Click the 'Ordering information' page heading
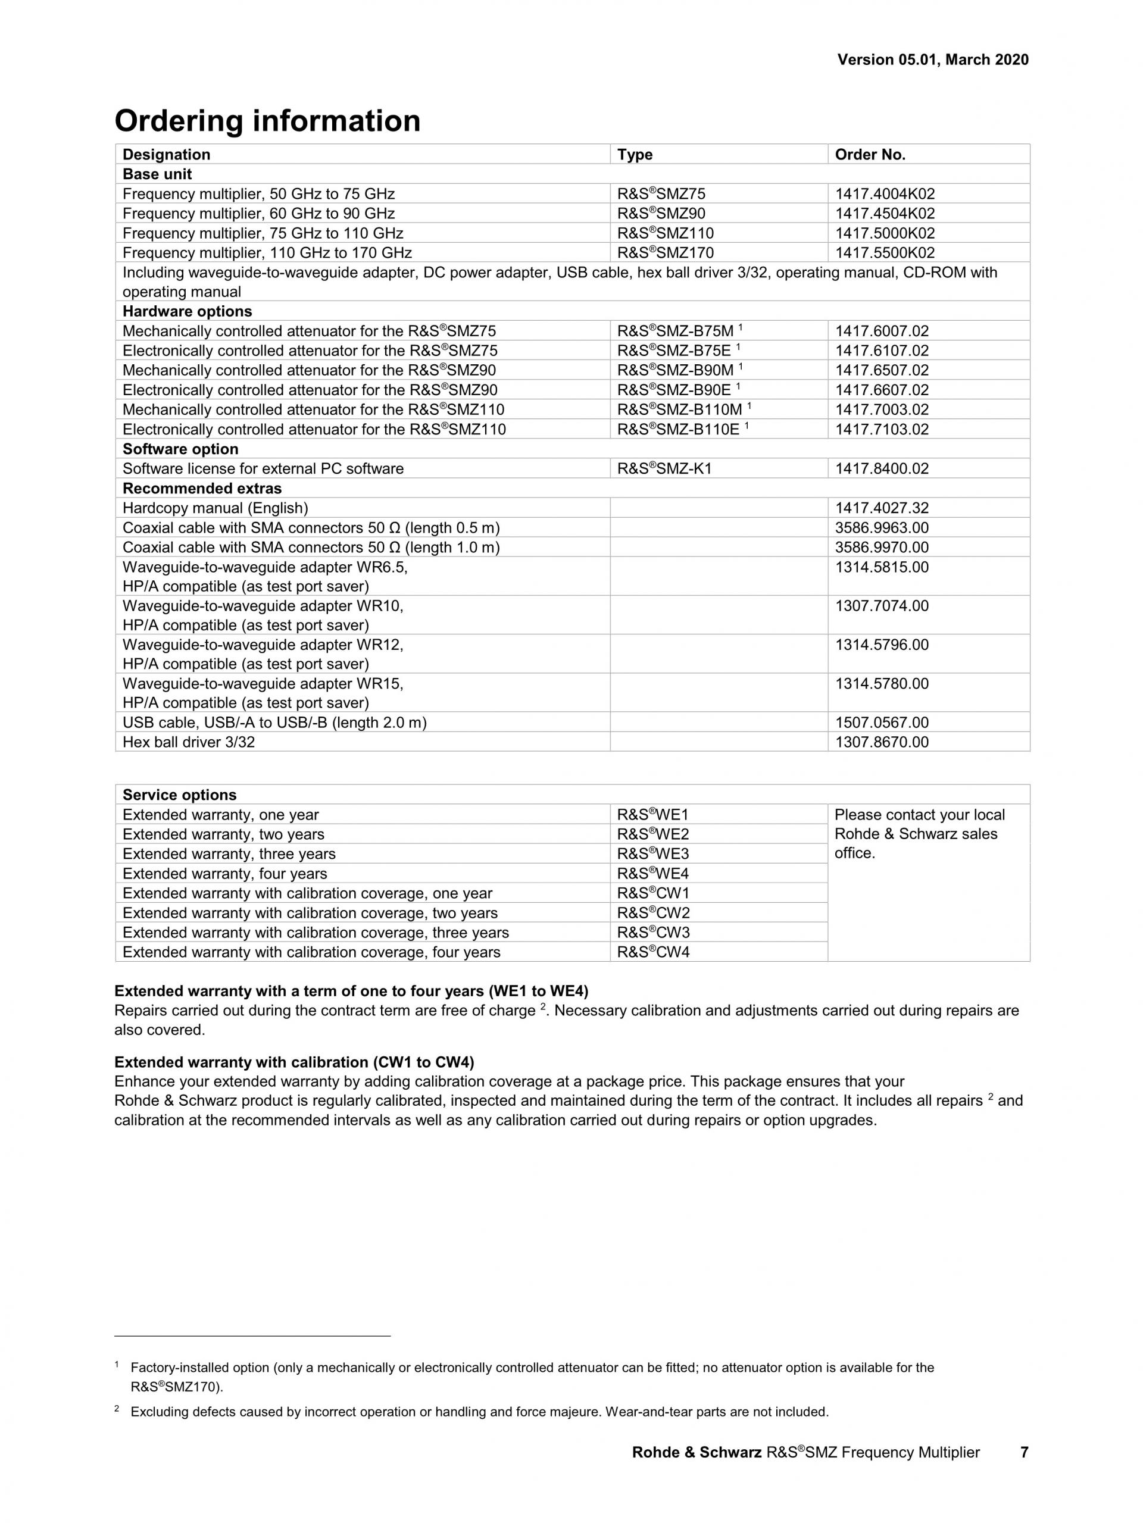coord(267,121)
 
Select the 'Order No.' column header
coord(870,154)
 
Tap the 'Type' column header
coord(634,154)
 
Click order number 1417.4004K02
coord(885,194)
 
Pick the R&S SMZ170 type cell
coord(665,253)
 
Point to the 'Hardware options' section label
coord(188,311)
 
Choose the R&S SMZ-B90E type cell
coord(678,390)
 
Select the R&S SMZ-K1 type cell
coord(664,469)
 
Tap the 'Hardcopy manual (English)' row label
coord(215,508)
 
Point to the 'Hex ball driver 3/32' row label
coord(188,742)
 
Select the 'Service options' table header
coord(179,795)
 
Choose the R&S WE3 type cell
coord(652,854)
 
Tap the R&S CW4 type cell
coord(652,952)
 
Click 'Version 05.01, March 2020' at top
coord(932,60)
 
